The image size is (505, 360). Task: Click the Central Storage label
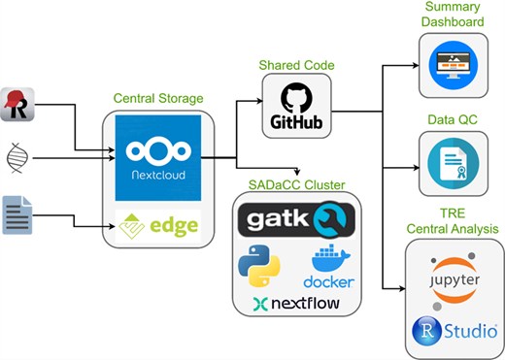pyautogui.click(x=158, y=99)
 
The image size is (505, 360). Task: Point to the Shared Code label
pyautogui.click(x=296, y=65)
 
